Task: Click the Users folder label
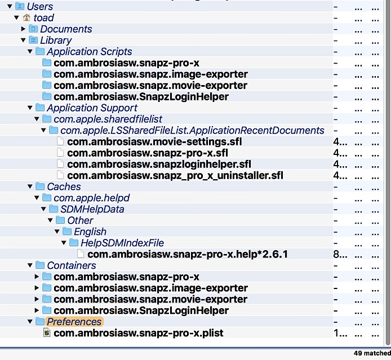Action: [39, 7]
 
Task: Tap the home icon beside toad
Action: [26, 18]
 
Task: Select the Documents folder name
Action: [66, 29]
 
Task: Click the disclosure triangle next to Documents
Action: [24, 29]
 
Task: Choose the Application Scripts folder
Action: [89, 52]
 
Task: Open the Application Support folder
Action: [92, 108]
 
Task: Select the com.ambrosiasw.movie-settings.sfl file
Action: [147, 142]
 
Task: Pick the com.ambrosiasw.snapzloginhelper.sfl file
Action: [159, 165]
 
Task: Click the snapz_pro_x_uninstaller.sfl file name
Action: [175, 176]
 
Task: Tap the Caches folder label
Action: [64, 187]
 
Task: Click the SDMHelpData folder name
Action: [92, 210]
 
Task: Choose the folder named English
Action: [90, 232]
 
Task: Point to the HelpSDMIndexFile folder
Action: [122, 243]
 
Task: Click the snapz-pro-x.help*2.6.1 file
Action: [188, 255]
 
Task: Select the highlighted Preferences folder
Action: [74, 322]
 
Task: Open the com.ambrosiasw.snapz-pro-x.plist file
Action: [138, 334]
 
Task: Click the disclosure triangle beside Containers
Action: [30, 266]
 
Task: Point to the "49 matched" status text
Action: [371, 353]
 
